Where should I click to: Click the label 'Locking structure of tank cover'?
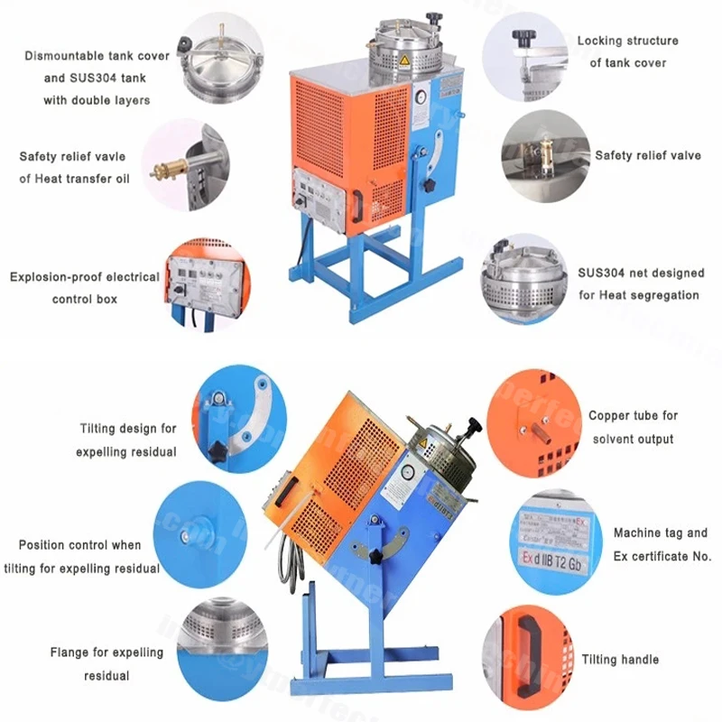[628, 51]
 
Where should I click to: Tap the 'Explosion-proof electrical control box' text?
[84, 287]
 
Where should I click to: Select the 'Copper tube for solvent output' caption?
[633, 427]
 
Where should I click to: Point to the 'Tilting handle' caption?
[620, 660]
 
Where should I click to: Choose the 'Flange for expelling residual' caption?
[106, 663]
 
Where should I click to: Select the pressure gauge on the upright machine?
[420, 93]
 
